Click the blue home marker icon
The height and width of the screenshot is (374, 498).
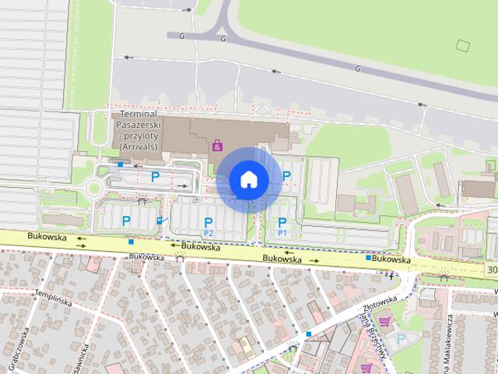click(248, 179)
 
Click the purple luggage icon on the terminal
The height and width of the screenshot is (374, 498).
click(217, 144)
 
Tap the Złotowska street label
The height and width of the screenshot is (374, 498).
click(380, 303)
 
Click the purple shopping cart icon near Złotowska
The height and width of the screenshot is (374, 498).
click(384, 320)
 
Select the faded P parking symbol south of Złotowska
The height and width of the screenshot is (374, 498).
click(402, 339)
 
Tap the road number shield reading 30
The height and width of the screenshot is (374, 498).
click(491, 270)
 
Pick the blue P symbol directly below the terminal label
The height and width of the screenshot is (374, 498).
click(155, 177)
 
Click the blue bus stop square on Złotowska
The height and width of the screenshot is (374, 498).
click(309, 333)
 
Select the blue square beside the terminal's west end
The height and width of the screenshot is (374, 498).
click(120, 164)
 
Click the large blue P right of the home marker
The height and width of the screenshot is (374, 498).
click(286, 177)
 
